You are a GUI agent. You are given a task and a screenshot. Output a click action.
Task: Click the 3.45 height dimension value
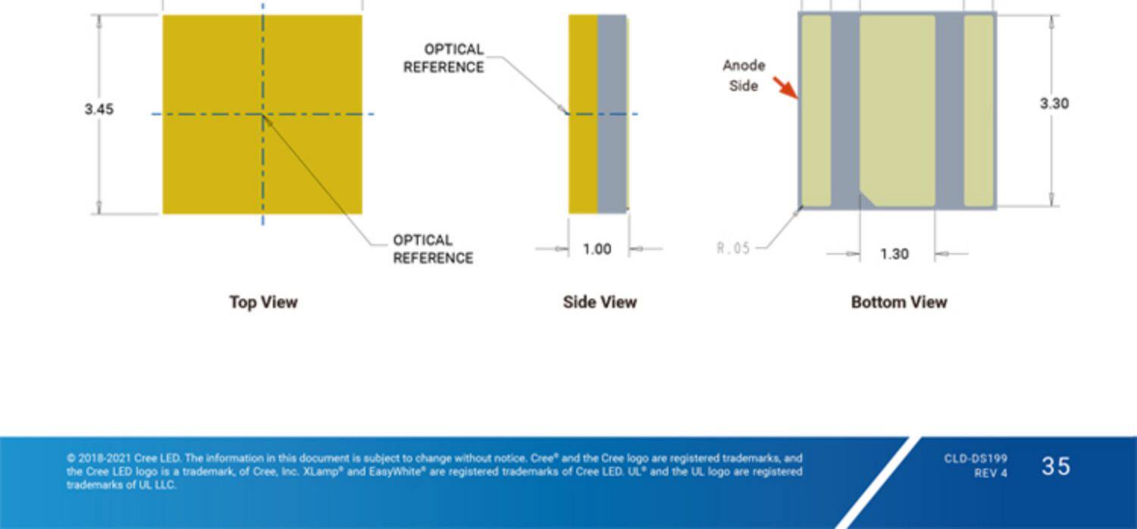[x=99, y=109]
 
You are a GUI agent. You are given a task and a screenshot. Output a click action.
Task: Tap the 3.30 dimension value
[x=1054, y=104]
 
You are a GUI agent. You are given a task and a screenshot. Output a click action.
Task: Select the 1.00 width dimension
[x=597, y=249]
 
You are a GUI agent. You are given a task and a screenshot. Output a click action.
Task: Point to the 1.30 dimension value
[x=894, y=254]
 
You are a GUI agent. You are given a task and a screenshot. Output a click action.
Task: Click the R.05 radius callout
[x=733, y=248]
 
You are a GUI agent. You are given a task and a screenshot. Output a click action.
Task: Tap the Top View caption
[x=263, y=302]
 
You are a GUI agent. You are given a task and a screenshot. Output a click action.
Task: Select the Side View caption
[x=600, y=302]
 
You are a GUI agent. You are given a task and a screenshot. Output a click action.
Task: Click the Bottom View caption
[x=899, y=302]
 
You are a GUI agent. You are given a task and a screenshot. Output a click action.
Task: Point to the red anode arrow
[x=785, y=87]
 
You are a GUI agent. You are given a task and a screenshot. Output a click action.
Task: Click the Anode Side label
[x=744, y=76]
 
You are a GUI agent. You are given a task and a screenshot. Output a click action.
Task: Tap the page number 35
[x=1056, y=466]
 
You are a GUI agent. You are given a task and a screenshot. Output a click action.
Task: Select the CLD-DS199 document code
[x=976, y=459]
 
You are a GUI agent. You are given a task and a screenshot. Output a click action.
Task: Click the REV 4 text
[x=991, y=474]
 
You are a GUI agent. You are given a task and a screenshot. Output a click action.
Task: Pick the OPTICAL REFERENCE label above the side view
[x=444, y=58]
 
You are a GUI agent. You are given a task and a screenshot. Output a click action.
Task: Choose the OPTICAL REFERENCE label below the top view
[x=433, y=249]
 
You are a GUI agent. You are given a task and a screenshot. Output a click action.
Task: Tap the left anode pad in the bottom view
[x=816, y=111]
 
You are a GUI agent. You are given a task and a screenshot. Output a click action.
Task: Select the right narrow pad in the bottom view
[x=979, y=111]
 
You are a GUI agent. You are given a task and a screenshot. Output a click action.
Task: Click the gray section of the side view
[x=612, y=114]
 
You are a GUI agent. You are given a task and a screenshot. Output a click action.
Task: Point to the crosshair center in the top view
[x=263, y=114]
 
